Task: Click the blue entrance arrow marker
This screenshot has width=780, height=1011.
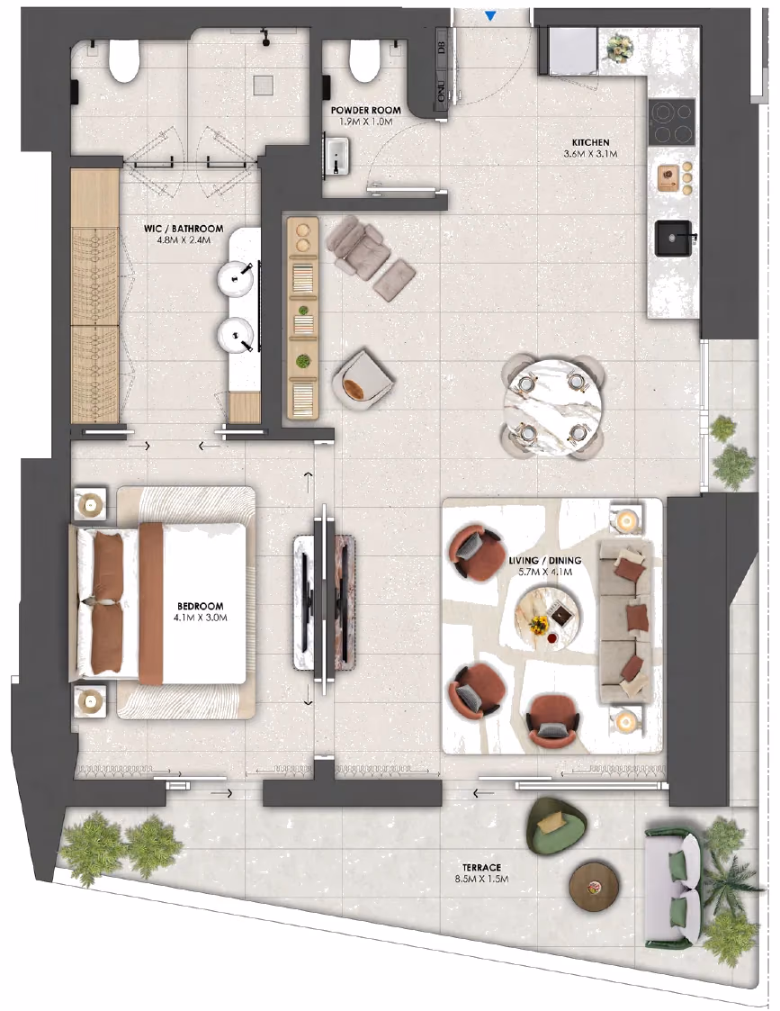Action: click(491, 16)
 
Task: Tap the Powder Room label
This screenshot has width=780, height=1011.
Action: click(366, 110)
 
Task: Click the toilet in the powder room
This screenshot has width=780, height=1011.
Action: click(366, 60)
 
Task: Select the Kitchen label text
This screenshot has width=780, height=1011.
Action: click(591, 142)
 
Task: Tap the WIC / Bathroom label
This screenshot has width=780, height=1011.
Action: click(184, 229)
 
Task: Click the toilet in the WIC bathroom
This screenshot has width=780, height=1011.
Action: click(123, 62)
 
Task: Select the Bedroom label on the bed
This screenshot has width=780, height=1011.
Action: click(201, 606)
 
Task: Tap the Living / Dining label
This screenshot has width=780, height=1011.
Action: click(545, 560)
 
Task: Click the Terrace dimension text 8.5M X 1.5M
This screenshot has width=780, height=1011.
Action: click(481, 879)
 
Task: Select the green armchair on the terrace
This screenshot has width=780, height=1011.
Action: click(555, 825)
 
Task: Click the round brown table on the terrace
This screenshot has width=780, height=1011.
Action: click(595, 888)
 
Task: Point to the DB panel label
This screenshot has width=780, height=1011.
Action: click(442, 47)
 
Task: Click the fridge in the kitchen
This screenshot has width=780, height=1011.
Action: click(571, 51)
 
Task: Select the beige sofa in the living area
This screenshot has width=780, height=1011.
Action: click(627, 622)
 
